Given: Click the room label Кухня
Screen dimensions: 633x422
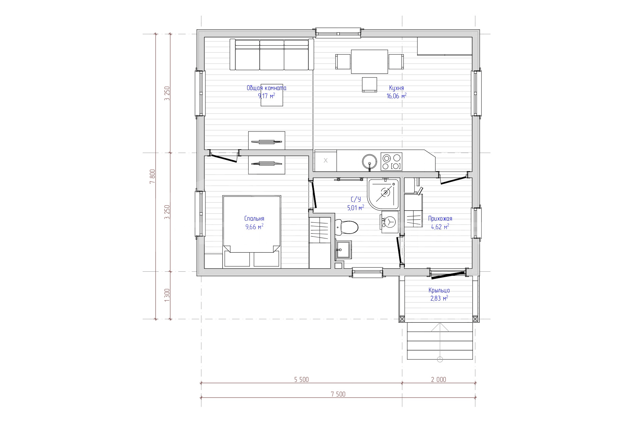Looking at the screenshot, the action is point(396,88).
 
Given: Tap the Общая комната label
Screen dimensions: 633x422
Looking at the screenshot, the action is point(267,88).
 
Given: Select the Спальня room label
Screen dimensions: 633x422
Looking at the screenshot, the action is point(254,219).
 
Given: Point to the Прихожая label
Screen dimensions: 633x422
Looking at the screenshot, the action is point(440,219).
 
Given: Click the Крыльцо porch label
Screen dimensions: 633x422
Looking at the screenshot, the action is point(439,291).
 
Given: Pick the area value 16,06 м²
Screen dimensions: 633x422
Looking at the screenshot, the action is point(396,96).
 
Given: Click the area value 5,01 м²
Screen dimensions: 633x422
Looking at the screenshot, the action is point(356,207).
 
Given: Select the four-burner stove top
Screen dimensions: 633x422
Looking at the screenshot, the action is point(391,161).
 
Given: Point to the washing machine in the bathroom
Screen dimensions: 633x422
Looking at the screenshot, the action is point(389,223).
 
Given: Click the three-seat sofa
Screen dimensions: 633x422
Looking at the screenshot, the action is point(272,54).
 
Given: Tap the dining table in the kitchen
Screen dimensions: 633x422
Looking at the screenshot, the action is point(370,62).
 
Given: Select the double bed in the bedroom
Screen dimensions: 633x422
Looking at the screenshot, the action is point(252,231).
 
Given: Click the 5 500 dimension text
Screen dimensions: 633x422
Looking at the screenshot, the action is point(302,379).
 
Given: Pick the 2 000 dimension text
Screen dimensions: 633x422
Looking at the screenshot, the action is point(439,379).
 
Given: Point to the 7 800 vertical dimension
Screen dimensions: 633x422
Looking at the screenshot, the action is point(152,176).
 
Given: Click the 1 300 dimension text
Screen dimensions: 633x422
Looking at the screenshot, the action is point(167,295).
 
